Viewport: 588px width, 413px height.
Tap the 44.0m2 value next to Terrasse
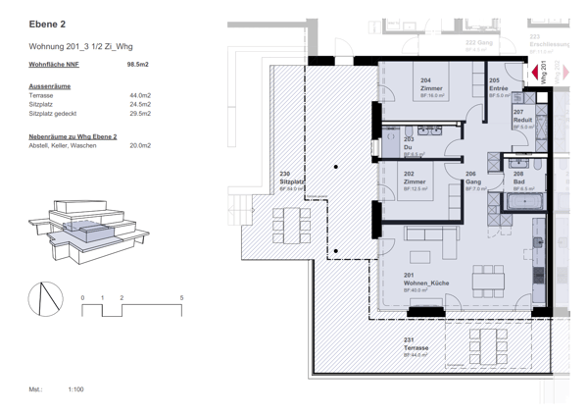click(140, 95)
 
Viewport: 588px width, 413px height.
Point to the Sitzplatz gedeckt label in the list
click(56, 113)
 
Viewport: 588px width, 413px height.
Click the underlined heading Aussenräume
click(50, 85)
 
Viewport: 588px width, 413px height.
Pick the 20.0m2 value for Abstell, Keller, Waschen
click(140, 144)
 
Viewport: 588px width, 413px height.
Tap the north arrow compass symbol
click(45, 300)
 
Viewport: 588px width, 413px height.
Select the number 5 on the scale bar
click(181, 296)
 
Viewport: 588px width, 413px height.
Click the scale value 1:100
click(75, 389)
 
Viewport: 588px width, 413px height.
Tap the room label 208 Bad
click(519, 178)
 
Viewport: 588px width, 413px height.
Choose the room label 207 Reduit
click(522, 116)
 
